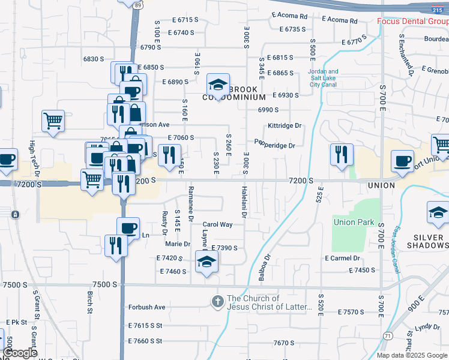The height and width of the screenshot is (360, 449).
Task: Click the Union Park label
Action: click(354, 223)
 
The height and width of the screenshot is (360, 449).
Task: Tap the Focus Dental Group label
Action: click(412, 22)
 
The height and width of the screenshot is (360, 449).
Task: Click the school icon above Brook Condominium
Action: click(218, 84)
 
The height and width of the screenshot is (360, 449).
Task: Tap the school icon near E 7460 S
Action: click(206, 262)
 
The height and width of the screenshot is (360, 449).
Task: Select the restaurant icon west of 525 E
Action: click(341, 154)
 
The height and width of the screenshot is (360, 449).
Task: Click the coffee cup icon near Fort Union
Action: click(402, 160)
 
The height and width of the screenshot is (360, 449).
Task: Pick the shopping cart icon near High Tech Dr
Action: click(53, 120)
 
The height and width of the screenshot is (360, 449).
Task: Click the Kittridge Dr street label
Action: click(285, 126)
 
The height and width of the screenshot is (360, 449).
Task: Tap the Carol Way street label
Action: click(217, 224)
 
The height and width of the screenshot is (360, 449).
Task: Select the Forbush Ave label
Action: click(146, 307)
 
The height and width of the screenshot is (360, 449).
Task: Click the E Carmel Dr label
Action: click(342, 259)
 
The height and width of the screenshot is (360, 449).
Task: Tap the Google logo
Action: click(20, 353)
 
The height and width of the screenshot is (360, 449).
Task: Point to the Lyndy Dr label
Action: click(427, 327)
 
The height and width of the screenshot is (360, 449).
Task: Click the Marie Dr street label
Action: click(178, 244)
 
